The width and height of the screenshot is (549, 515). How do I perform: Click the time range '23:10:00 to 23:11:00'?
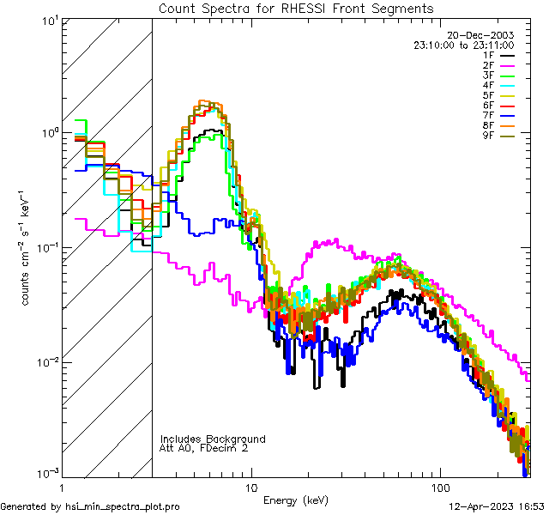464,45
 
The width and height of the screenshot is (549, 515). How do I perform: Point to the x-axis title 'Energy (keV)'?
295,500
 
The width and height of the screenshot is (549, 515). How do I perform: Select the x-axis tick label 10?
251,486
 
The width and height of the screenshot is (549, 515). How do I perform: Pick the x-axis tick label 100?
439,486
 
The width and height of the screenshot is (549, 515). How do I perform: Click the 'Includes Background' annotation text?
213,439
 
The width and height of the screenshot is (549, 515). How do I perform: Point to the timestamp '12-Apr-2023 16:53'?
497,507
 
